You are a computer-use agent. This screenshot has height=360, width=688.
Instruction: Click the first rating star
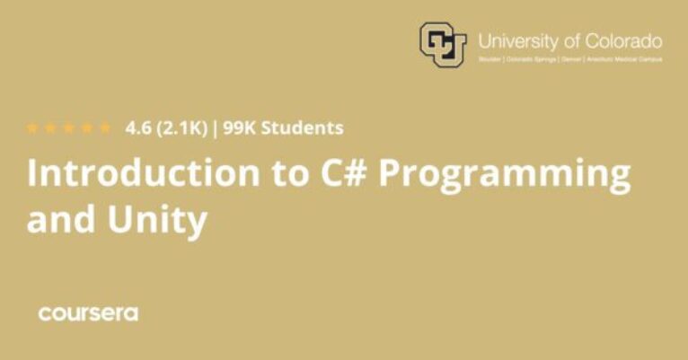click(x=33, y=127)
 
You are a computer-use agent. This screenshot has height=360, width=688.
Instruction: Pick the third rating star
click(x=69, y=127)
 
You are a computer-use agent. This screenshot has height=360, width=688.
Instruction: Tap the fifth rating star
click(x=105, y=127)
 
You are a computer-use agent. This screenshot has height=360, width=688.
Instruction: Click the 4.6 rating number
click(x=138, y=127)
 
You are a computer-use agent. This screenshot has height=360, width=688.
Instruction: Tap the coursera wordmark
click(x=87, y=313)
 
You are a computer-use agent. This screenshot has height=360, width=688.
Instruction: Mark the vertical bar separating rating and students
click(x=216, y=127)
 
